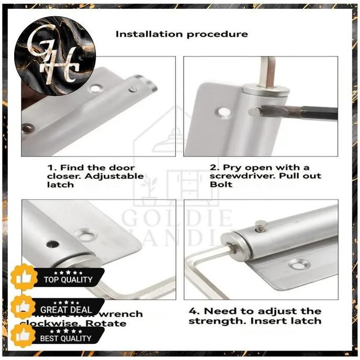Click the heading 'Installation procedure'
pos(182,34)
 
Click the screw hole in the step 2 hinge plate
pos(224,111)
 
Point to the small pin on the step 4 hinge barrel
pos(261,226)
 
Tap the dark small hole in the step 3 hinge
pos(53,244)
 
